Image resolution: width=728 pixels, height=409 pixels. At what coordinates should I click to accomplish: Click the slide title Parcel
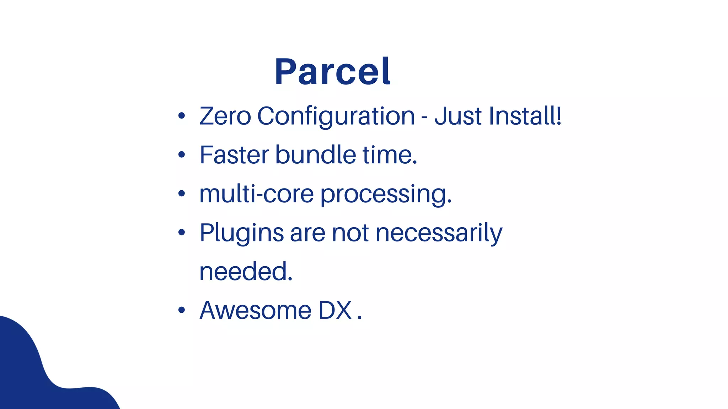(332, 72)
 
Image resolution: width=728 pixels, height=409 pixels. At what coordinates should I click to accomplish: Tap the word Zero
(225, 116)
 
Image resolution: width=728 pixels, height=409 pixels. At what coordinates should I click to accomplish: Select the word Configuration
(336, 117)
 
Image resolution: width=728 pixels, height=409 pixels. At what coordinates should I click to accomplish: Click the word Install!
(525, 116)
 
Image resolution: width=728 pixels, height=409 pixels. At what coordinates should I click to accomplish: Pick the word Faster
(234, 155)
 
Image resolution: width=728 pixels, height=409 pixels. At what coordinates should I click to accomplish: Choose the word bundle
(315, 155)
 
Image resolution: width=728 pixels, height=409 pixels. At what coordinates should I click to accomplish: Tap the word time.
(390, 155)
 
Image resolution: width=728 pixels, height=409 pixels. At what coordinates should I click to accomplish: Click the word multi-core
(256, 194)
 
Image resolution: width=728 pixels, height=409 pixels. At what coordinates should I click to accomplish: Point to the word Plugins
(242, 233)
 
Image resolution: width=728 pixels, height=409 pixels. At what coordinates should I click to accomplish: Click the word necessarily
(439, 233)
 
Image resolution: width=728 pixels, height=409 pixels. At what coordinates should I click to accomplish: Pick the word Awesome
(256, 311)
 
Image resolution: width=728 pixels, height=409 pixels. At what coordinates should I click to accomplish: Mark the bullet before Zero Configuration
(182, 116)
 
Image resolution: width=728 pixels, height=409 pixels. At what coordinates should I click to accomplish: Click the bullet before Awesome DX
(182, 310)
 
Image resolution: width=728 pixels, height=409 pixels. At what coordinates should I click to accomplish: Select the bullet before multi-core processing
(182, 193)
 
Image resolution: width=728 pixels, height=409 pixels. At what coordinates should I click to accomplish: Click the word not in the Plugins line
(350, 233)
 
